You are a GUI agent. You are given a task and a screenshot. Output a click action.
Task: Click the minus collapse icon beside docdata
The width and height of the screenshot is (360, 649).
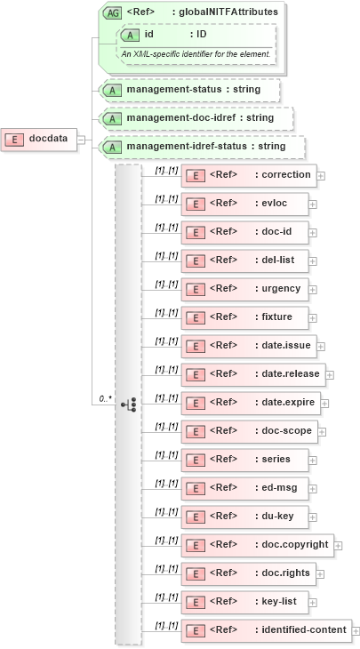pos(82,139)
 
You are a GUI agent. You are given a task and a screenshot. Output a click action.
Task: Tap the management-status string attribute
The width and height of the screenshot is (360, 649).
pos(189,90)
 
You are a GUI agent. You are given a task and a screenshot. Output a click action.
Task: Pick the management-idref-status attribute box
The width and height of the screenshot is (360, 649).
pos(202,146)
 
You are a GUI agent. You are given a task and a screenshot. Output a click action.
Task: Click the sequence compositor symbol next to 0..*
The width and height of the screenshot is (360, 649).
pos(128,404)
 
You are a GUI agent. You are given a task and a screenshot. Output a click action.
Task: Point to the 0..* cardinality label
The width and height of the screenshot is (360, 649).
pos(105,398)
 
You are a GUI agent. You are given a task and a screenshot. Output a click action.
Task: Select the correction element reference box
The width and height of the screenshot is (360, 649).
pos(248,175)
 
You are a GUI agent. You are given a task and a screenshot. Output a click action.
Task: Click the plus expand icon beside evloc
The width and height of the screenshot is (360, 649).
pos(313,204)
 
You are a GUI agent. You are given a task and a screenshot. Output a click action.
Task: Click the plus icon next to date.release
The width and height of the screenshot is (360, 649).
pos(330,374)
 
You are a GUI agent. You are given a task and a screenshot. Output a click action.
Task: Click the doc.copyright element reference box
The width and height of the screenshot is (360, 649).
pos(257,545)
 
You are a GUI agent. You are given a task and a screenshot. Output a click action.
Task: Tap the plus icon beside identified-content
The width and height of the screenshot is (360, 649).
pos(356,631)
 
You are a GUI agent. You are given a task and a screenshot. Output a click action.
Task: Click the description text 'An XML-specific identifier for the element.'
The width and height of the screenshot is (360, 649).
pos(196,54)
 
